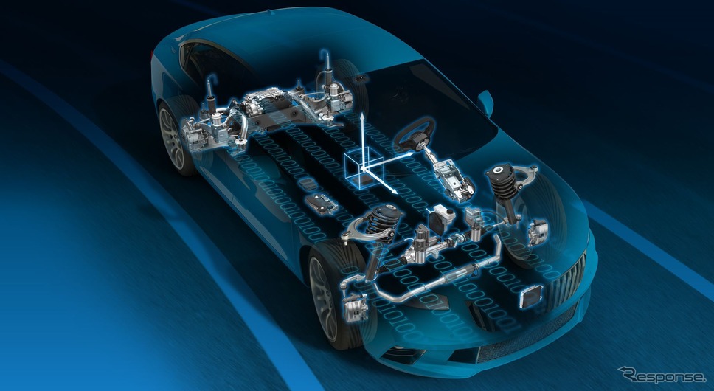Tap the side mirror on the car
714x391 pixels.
click(x=485, y=103)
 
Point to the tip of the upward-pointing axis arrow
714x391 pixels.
click(x=362, y=114)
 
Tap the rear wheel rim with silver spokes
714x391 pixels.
click(x=172, y=139)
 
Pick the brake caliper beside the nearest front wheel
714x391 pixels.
click(x=356, y=307)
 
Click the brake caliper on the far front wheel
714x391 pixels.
click(x=538, y=232)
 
